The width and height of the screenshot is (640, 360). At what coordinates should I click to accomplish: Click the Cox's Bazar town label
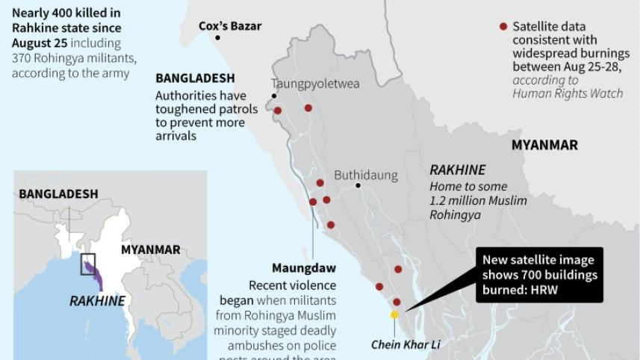coord(230,26)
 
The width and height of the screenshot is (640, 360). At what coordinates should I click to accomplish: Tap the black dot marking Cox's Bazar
coord(217,38)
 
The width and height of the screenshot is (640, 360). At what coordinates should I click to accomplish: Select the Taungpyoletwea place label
coord(314,84)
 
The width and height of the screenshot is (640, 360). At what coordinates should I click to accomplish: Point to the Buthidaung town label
coord(365,176)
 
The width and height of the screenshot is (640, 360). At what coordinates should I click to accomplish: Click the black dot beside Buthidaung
coord(358,185)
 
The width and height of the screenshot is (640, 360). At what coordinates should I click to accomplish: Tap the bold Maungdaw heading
coord(303,268)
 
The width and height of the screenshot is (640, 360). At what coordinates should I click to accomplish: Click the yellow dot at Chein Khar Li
coord(394,315)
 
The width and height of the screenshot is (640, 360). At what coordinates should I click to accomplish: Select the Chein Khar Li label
coord(406,345)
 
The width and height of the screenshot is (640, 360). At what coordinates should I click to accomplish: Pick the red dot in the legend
coord(503,27)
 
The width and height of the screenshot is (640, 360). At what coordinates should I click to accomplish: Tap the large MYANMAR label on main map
coord(544,145)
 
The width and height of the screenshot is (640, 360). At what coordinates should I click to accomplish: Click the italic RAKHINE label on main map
coord(457,170)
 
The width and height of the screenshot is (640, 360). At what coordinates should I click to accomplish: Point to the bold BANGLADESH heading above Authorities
coord(195,78)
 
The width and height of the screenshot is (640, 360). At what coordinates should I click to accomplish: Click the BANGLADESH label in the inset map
coord(58,194)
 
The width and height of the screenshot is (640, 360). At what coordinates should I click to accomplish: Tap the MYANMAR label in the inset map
coord(150,249)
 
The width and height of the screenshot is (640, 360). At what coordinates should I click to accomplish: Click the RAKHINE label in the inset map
coord(97,301)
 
